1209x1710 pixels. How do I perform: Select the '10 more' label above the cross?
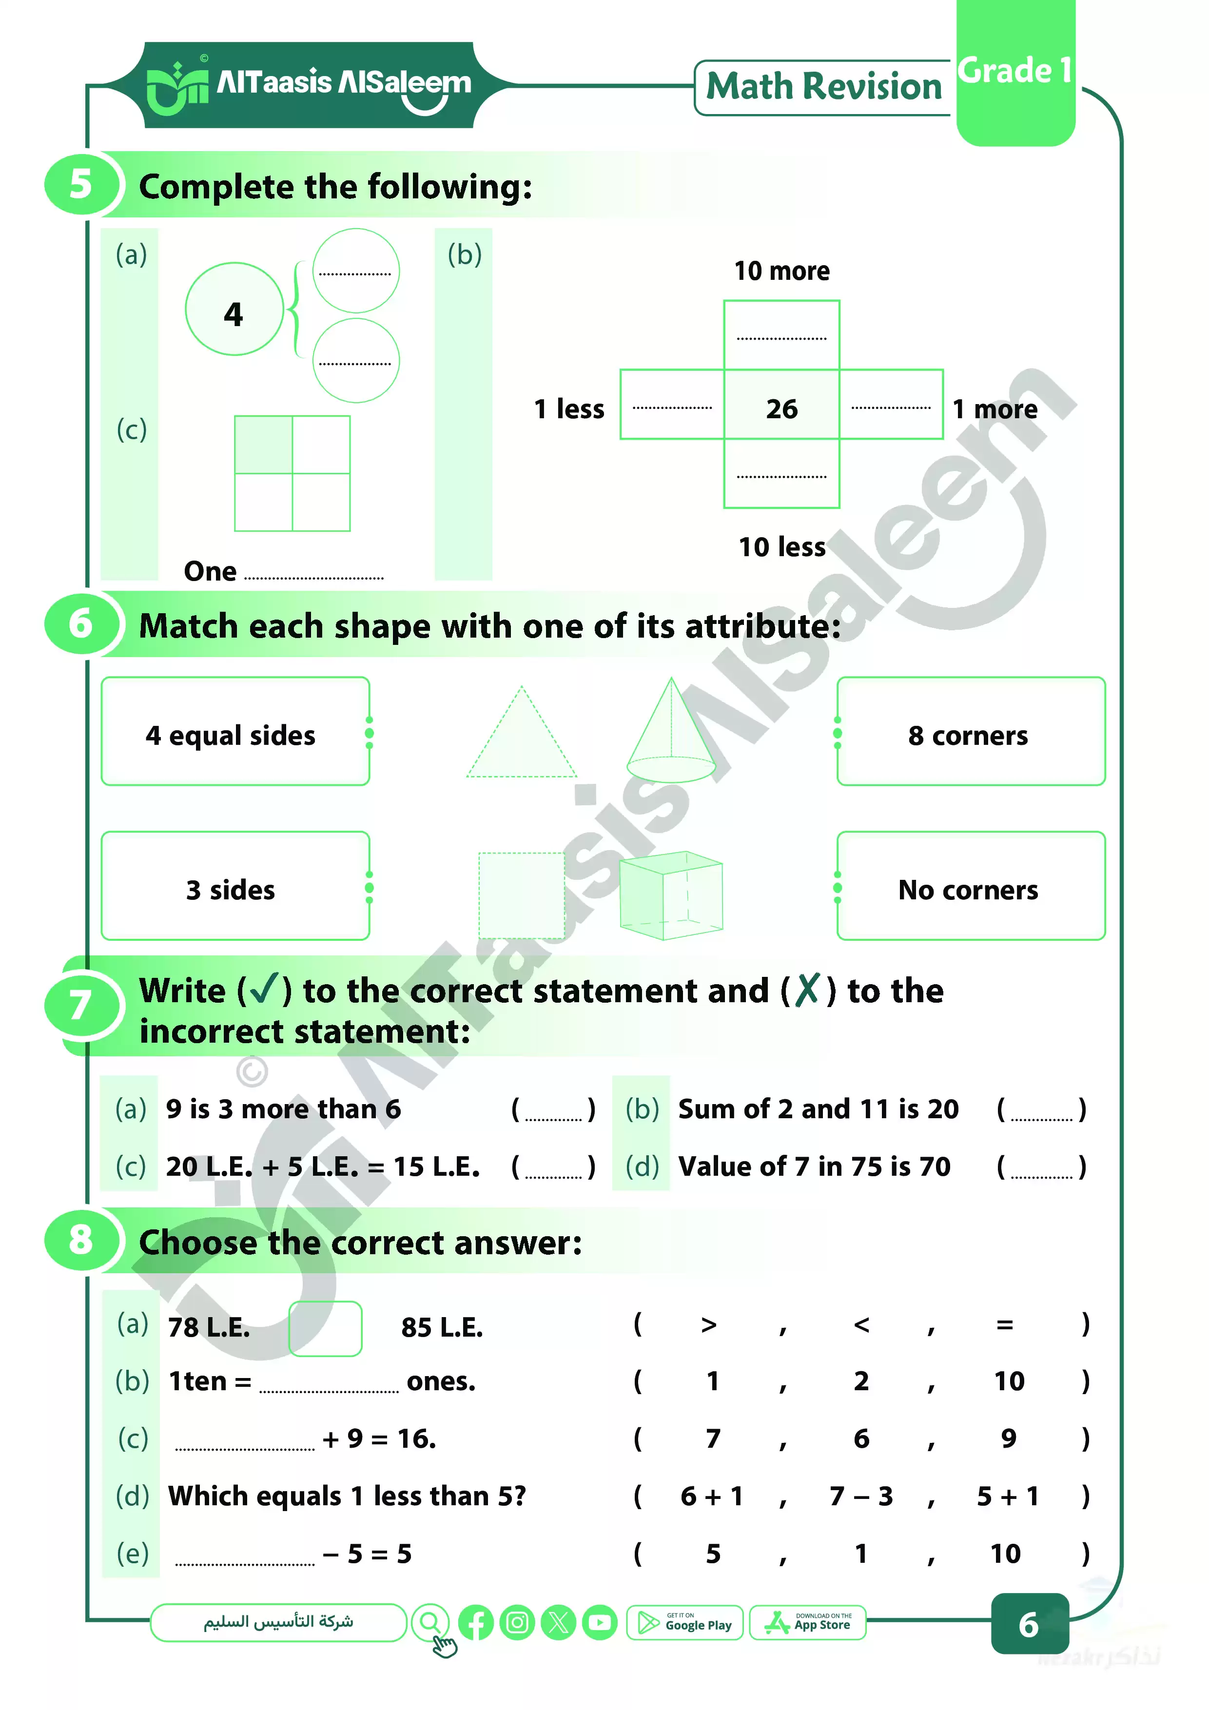click(781, 271)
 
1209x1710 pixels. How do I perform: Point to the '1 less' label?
click(569, 409)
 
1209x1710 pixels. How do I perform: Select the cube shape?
click(670, 895)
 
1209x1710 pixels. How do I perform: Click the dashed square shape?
click(522, 895)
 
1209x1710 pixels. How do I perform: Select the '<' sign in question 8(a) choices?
click(861, 1325)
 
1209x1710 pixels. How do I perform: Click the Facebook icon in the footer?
click(476, 1623)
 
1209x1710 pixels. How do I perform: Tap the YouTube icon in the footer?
click(600, 1623)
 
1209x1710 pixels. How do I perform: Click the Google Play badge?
click(684, 1623)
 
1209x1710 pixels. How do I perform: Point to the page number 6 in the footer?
click(1029, 1624)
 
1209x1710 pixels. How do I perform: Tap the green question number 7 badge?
click(81, 1005)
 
